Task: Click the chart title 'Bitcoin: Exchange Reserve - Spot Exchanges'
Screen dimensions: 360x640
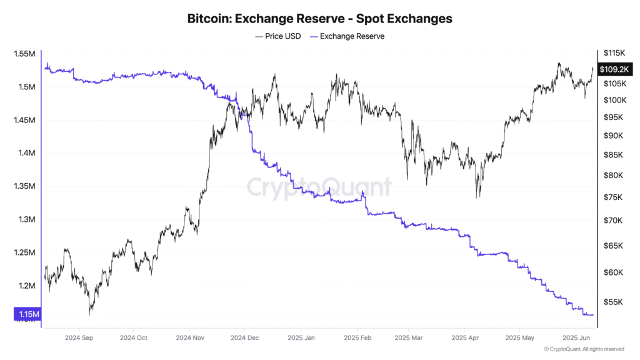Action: pos(319,19)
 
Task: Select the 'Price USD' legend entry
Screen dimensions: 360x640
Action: pos(278,36)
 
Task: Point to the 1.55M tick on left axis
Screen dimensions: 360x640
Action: pos(25,54)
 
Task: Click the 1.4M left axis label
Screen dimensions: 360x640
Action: pos(26,153)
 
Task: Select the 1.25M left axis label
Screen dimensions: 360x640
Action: pos(25,253)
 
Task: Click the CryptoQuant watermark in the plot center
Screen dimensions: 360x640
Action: pos(319,187)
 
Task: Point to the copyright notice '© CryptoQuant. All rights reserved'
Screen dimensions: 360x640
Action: pos(584,349)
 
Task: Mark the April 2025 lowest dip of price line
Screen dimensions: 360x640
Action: pos(478,197)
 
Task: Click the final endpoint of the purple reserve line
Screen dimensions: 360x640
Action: pos(593,314)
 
